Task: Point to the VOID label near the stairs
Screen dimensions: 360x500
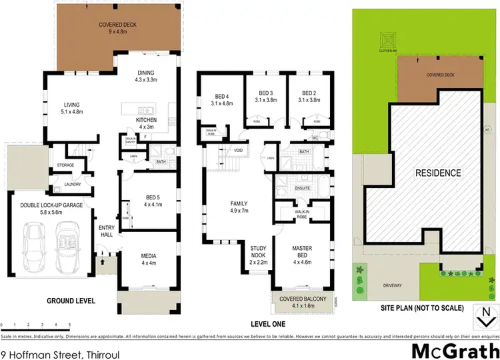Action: (238, 151)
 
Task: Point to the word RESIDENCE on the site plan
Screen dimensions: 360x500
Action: (439, 173)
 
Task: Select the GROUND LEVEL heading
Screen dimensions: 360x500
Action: (70, 301)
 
